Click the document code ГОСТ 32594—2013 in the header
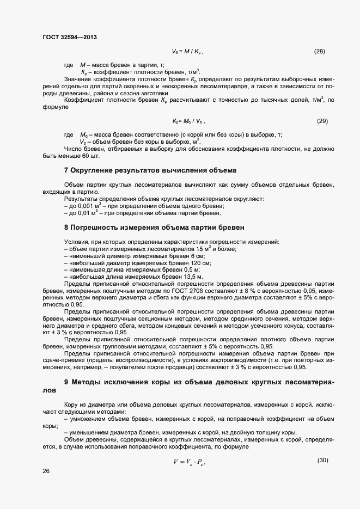click(x=70, y=37)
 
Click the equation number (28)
click(x=320, y=52)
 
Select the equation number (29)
click(x=322, y=121)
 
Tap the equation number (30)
click(x=322, y=461)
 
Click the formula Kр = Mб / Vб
click(x=188, y=121)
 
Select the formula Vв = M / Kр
click(x=187, y=52)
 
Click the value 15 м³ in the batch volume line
click(x=187, y=249)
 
